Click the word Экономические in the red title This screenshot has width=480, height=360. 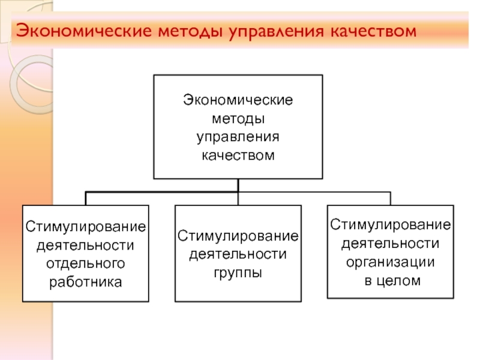[84, 31]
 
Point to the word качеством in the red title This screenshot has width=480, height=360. [373, 31]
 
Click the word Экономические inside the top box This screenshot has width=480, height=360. [238, 100]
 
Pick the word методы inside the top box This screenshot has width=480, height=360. [238, 119]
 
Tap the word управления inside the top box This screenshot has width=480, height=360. [238, 137]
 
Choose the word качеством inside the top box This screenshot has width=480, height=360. [238, 155]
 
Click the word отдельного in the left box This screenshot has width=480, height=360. [85, 264]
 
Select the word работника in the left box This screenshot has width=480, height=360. [85, 282]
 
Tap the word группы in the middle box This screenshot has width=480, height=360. [238, 273]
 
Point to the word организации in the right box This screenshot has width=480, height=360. [391, 262]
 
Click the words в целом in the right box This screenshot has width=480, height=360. [392, 280]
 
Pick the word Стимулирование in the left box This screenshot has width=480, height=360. [85, 227]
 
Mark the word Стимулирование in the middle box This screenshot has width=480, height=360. [238, 236]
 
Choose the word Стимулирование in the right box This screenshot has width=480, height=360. [391, 225]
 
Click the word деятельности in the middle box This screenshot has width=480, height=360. [238, 254]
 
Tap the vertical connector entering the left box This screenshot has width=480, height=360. [86, 199]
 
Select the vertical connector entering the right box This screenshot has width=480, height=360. [391, 199]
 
